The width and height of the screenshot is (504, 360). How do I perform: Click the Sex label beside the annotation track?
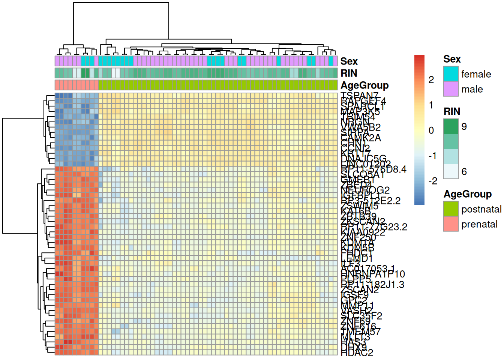(349, 61)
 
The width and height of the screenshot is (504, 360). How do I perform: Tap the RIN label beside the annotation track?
(349, 73)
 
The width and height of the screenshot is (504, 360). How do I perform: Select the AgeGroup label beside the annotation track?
(364, 85)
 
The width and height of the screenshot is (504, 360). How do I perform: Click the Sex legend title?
(452, 59)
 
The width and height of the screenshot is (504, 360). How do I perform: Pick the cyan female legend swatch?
(451, 74)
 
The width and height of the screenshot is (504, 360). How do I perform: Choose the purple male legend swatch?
(451, 89)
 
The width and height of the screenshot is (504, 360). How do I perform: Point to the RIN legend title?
(452, 111)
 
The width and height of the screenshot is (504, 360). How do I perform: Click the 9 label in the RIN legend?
(464, 126)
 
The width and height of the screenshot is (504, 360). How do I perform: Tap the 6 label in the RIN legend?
(464, 171)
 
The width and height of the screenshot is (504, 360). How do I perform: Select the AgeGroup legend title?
(467, 194)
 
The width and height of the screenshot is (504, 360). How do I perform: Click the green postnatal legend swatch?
(451, 209)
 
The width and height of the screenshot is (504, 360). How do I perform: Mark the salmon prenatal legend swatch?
(451, 224)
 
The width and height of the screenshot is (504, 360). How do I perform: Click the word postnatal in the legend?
(481, 209)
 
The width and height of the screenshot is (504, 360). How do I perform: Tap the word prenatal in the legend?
(479, 224)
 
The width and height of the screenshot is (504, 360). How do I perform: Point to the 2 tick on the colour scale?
(431, 79)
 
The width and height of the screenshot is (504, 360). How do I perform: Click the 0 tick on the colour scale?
(431, 130)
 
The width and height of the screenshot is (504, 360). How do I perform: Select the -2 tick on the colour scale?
(433, 181)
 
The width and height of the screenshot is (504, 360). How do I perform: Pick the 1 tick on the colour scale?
(431, 105)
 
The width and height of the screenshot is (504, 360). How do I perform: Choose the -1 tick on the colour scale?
(433, 156)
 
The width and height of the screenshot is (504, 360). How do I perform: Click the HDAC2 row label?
(357, 352)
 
